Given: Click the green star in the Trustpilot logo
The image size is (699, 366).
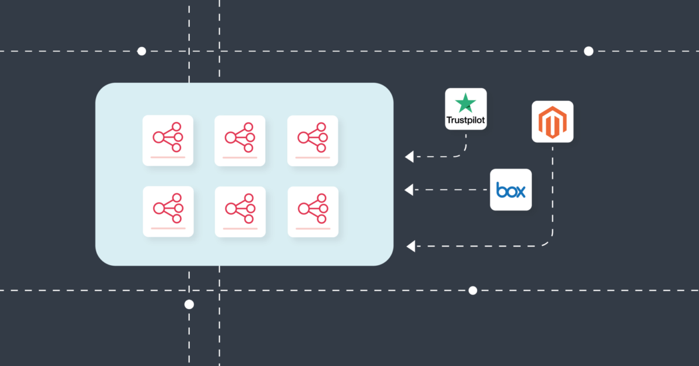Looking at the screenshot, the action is coord(465,103).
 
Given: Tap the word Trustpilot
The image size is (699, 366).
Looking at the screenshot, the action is coord(465,120).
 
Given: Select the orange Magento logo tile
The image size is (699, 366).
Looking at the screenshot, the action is coord(552,121).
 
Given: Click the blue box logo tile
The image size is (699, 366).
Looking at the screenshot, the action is coord(510,189).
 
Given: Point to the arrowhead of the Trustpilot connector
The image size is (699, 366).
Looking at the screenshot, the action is coord(409,156).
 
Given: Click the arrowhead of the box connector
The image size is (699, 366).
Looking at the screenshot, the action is coord(409,189).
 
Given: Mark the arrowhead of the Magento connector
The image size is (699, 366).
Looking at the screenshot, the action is coord(411,246).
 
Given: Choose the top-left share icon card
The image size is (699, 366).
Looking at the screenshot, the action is coord(168,140).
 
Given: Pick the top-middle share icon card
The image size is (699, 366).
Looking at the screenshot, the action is coord(240,140).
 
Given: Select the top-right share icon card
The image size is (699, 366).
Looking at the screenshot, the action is coord(313,140).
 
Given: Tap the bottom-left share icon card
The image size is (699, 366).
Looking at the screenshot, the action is coord(168,212).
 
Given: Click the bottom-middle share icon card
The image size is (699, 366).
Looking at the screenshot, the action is coord(240,212).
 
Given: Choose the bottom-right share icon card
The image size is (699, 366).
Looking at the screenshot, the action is coord(313,212).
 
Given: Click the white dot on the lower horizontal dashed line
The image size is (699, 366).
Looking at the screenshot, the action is coord(473,290).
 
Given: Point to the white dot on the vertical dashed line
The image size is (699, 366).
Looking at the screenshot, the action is coord(189,304).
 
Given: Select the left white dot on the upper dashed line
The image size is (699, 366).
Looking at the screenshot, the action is coord(142,51).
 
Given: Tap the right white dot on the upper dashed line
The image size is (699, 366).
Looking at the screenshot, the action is coord(588,51).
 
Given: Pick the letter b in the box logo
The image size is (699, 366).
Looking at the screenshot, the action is coord(501,190).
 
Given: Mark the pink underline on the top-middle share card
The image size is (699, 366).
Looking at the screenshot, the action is coord(240,158).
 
